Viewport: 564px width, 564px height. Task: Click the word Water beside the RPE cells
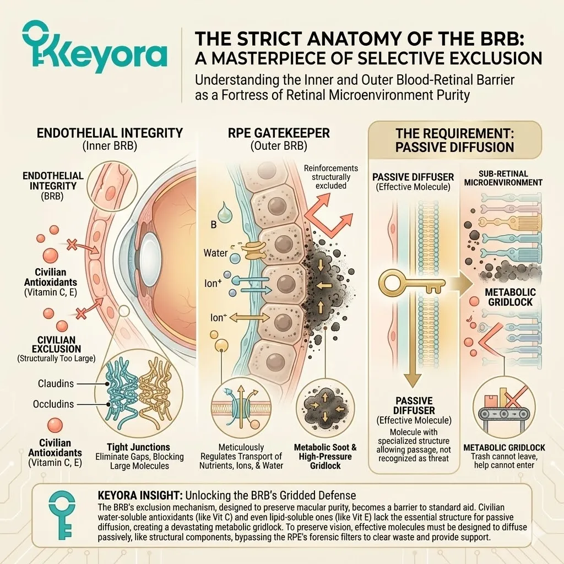tap(215, 253)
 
